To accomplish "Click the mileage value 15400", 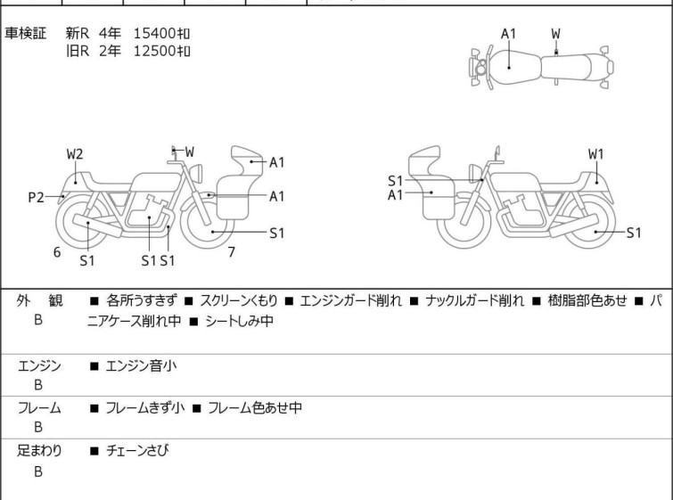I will [153, 34].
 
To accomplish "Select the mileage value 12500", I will [153, 51].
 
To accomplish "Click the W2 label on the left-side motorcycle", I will [76, 153].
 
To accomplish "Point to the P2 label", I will [36, 197].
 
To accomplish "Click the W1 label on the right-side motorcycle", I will [595, 153].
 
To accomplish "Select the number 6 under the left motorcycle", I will [57, 252].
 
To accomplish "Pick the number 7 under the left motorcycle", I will [231, 252].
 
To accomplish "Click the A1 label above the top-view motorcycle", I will [508, 34].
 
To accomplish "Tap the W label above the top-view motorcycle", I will [555, 34].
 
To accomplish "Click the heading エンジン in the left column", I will [39, 365].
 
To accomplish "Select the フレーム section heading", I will [39, 408].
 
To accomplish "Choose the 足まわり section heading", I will [39, 451].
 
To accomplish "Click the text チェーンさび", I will [136, 451].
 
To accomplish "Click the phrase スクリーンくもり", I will [243, 301].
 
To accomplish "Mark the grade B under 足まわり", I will [38, 471].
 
